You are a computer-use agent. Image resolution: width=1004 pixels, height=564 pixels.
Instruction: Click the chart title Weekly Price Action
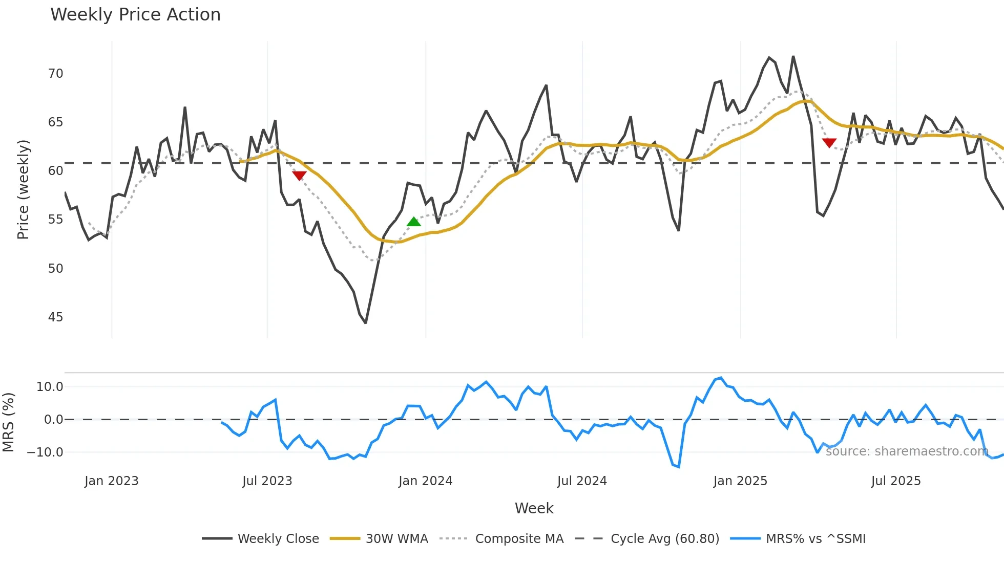coord(135,15)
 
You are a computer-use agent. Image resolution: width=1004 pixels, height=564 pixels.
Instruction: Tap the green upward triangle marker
coord(414,222)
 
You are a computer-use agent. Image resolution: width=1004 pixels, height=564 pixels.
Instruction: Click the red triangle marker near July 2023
coord(299,176)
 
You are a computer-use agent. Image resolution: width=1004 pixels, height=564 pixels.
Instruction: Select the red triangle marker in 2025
coord(829,143)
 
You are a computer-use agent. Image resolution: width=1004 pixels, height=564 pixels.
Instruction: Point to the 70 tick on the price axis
coord(55,74)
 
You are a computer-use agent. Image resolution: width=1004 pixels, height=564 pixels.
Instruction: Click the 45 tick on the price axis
coord(55,317)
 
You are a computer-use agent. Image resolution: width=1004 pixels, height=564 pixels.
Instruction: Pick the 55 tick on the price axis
coord(55,220)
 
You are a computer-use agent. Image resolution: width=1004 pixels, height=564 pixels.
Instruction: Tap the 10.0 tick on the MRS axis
coord(50,387)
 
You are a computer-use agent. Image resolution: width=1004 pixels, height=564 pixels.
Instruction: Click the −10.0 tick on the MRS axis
coord(46,452)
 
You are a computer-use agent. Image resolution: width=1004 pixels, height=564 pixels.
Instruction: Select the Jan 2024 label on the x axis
coord(425,481)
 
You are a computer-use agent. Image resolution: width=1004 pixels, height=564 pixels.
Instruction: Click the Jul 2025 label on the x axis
coord(896,481)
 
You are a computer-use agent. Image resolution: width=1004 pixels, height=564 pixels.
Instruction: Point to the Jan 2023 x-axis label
coord(112,481)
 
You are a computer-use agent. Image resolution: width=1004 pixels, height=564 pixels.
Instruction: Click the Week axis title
coord(534,508)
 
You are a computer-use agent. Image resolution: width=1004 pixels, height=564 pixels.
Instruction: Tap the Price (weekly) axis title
coord(23,189)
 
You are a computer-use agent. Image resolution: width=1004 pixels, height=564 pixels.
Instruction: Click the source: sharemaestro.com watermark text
coord(907,451)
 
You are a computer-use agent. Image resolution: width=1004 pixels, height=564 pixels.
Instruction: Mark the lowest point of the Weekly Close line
coord(366,323)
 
